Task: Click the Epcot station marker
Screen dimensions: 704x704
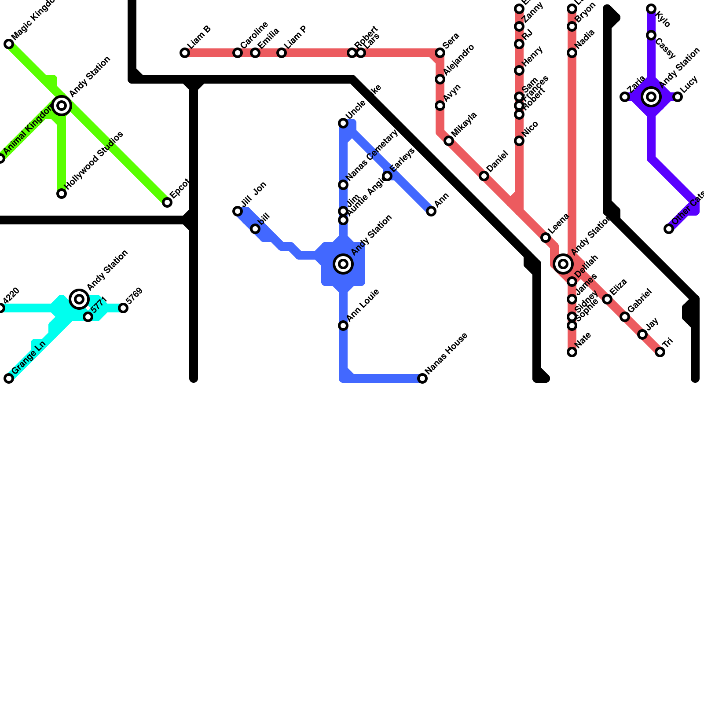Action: [x=167, y=202]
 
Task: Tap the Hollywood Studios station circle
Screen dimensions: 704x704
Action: [x=62, y=194]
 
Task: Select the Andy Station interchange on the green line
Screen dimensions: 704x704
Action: [x=62, y=106]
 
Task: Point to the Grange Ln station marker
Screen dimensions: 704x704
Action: [x=9, y=378]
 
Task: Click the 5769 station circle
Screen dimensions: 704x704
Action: [x=123, y=308]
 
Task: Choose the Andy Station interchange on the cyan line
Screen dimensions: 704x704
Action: [x=79, y=299]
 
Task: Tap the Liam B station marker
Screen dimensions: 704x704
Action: [x=185, y=53]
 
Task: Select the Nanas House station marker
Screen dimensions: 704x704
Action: [x=422, y=378]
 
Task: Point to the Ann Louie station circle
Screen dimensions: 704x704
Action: [x=343, y=326]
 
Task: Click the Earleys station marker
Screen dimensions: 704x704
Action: [x=387, y=176]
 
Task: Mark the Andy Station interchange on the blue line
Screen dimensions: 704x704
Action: [x=343, y=264]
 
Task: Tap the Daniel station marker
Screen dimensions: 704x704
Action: [x=484, y=176]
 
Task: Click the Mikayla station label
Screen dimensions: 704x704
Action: [x=464, y=125]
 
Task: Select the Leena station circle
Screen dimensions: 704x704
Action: [x=546, y=238]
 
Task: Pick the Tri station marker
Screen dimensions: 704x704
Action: [x=660, y=352]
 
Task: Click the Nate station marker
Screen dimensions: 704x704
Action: [x=572, y=352]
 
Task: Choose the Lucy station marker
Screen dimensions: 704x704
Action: [x=678, y=97]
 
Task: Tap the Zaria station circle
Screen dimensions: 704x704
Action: [x=625, y=97]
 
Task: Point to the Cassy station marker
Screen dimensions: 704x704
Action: [x=651, y=35]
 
